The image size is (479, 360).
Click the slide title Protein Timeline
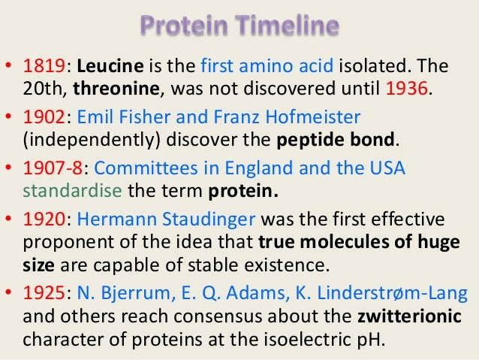(x=239, y=28)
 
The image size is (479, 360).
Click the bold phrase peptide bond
(x=333, y=140)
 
